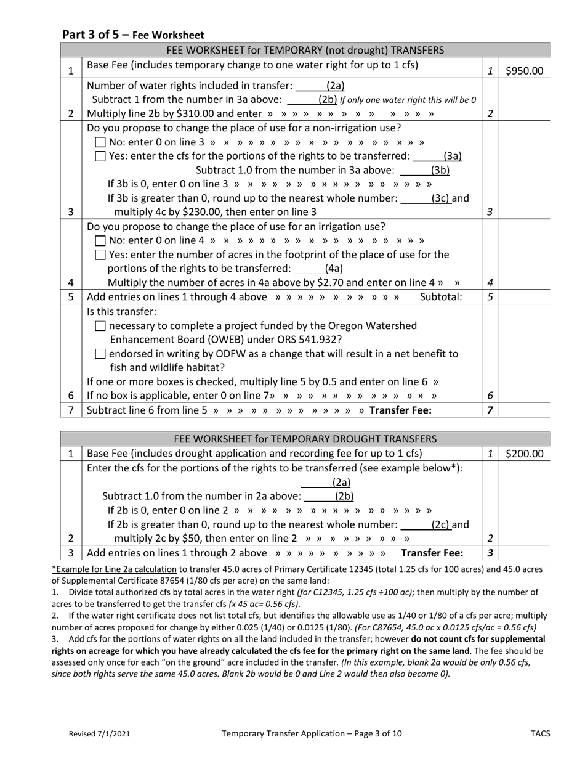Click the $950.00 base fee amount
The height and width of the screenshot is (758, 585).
click(524, 70)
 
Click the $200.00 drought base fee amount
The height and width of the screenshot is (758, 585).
click(524, 454)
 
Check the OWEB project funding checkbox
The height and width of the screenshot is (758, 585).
click(101, 326)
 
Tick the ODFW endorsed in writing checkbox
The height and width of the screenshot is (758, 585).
click(101, 354)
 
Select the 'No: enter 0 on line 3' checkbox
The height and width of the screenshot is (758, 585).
click(101, 142)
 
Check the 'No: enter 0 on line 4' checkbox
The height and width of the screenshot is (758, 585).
click(101, 240)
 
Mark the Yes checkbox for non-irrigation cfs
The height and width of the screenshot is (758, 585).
click(101, 157)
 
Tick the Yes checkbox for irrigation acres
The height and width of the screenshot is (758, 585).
click(101, 255)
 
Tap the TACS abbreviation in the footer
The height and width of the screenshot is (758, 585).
click(540, 733)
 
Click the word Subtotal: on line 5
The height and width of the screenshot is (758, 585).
click(440, 297)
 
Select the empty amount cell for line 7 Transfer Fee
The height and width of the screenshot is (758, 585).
click(524, 410)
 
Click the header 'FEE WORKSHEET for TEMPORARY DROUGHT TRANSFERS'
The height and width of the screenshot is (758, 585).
click(305, 439)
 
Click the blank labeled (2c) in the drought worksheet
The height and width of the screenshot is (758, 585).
click(425, 525)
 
